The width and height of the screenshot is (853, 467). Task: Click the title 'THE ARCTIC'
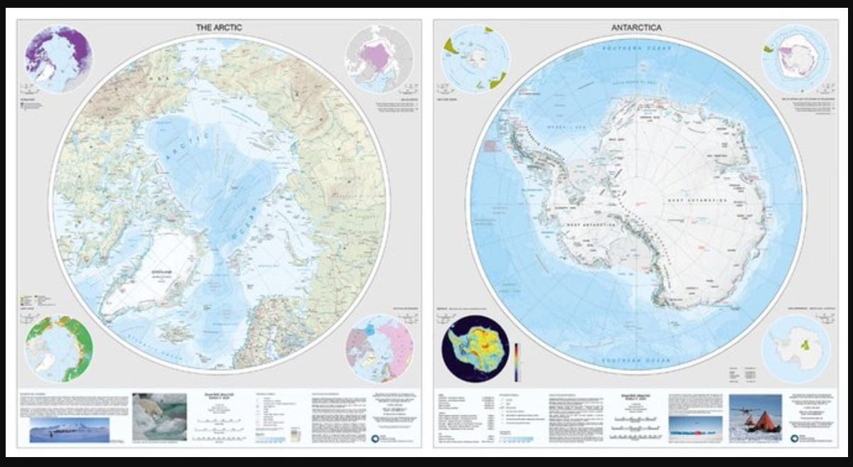point(219,27)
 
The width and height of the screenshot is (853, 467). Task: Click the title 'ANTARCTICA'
point(636,27)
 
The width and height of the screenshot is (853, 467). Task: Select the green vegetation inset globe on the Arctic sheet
point(58,350)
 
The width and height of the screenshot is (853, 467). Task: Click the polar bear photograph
point(159,417)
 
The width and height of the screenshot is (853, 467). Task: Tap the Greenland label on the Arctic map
point(157,270)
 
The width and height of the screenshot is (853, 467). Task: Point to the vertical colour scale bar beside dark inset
point(517,363)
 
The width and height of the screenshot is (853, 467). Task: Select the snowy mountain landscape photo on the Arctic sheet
point(69,429)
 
